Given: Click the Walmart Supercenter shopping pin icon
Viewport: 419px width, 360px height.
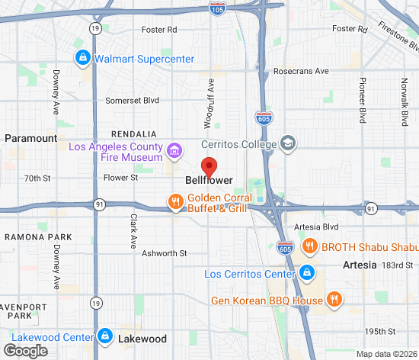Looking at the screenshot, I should pos(82,57).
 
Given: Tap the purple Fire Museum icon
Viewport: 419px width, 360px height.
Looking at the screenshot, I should pos(174,150).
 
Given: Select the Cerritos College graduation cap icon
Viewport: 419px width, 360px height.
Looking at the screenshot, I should pos(288,143).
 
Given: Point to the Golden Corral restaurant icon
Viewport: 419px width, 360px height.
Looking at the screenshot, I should pos(175,202).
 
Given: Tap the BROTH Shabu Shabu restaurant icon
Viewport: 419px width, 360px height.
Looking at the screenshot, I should pos(309,246).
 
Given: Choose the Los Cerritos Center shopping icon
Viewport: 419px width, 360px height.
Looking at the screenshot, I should pos(306,273).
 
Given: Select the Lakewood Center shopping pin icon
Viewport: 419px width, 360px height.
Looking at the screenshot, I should pos(105,336).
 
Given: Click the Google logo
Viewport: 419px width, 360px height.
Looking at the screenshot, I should pos(25,350).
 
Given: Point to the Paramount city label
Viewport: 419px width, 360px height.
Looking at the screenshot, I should pos(30,138).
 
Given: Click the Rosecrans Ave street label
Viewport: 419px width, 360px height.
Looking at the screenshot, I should pos(301,71).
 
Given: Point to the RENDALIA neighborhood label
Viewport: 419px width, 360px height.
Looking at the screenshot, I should pos(134,133).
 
